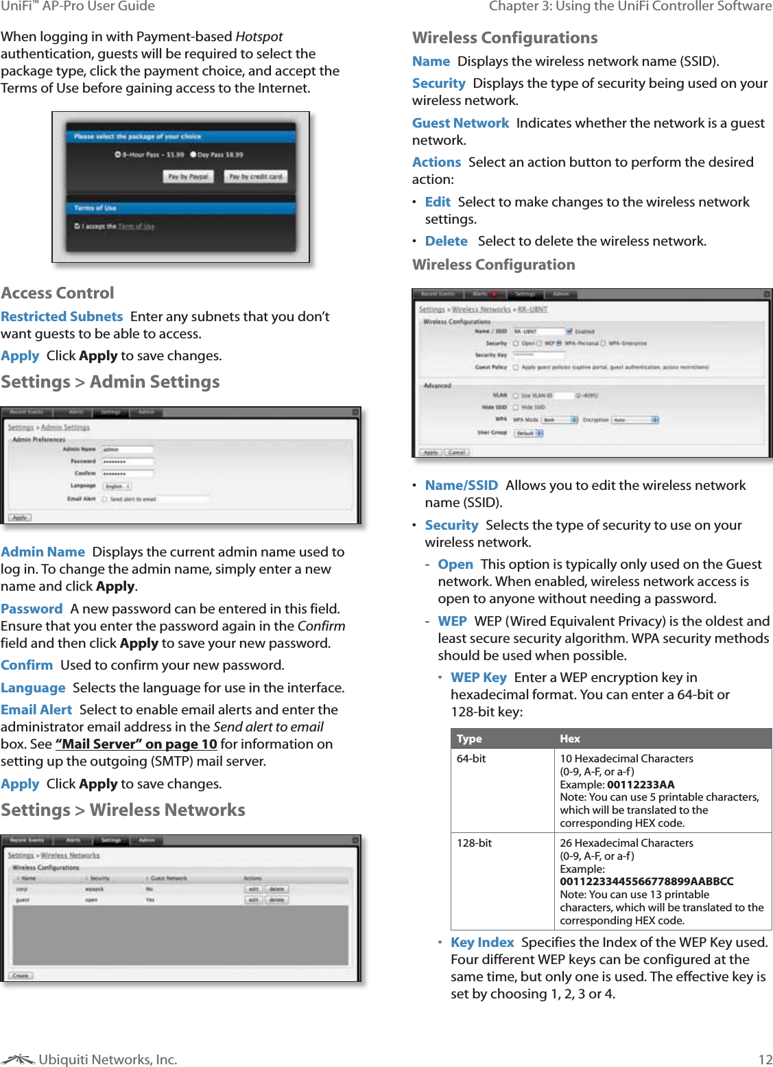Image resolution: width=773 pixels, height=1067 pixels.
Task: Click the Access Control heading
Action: pyautogui.click(x=58, y=293)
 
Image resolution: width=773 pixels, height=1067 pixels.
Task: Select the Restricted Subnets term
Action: pyautogui.click(x=62, y=316)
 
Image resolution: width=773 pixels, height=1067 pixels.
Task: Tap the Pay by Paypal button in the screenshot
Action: pyautogui.click(x=189, y=176)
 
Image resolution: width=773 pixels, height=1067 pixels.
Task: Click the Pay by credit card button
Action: pyautogui.click(x=256, y=176)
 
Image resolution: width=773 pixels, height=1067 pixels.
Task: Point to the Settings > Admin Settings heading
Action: pyautogui.click(x=110, y=382)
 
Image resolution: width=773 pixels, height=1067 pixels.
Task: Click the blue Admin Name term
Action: pyautogui.click(x=43, y=552)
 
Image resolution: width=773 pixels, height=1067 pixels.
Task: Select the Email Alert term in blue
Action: pyautogui.click(x=36, y=710)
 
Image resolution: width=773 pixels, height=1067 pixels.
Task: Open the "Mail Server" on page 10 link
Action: pyautogui.click(x=136, y=744)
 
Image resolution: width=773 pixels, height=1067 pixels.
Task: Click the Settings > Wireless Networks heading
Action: pyautogui.click(x=123, y=810)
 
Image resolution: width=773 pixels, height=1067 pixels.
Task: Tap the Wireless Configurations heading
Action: pyautogui.click(x=505, y=38)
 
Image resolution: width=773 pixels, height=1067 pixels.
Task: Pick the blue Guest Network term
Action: pyautogui.click(x=460, y=123)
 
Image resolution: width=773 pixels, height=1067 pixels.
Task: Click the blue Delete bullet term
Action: pyautogui.click(x=446, y=241)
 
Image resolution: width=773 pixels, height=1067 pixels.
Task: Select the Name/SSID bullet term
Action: pyautogui.click(x=461, y=485)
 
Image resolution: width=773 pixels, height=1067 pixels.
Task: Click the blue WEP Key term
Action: pyautogui.click(x=479, y=677)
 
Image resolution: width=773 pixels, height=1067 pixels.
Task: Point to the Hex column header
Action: pyautogui.click(x=570, y=738)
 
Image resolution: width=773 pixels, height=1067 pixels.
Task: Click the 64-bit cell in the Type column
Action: pyautogui.click(x=471, y=758)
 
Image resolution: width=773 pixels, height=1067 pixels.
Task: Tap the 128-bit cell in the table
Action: pyautogui.click(x=474, y=843)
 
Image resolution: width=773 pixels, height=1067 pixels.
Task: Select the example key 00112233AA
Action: pyautogui.click(x=641, y=784)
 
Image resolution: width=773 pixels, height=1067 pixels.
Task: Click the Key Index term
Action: pyautogui.click(x=482, y=942)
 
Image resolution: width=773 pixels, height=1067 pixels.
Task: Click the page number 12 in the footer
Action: pyautogui.click(x=765, y=1059)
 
